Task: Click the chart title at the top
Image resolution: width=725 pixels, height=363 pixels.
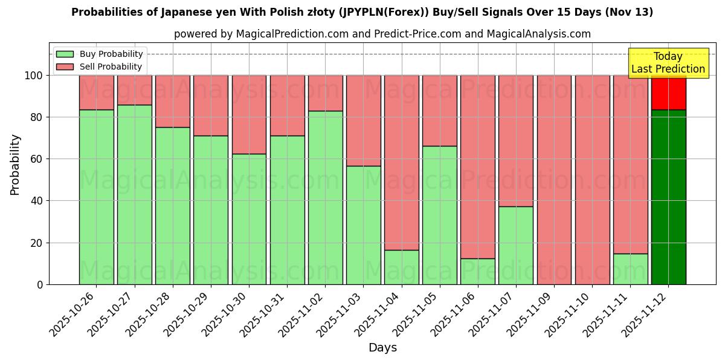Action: click(x=362, y=12)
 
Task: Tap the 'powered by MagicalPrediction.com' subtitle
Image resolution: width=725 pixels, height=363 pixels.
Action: click(x=382, y=34)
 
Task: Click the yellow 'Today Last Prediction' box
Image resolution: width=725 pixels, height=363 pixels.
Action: click(x=668, y=63)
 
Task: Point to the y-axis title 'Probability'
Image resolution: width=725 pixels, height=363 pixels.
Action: click(x=15, y=165)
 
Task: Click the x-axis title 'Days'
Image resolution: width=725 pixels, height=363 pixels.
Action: click(x=382, y=348)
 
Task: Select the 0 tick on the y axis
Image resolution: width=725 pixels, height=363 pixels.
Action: click(x=40, y=284)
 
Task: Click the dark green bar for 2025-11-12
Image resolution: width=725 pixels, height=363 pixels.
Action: click(x=668, y=197)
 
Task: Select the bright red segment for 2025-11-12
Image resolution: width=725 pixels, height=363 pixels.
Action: click(x=668, y=93)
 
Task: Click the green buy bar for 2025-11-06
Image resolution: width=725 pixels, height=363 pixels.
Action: click(x=477, y=271)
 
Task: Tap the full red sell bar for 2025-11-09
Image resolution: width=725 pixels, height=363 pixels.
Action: click(x=554, y=180)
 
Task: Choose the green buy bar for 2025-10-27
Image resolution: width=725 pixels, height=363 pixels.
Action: click(x=134, y=194)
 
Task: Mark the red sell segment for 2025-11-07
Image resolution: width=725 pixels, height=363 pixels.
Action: click(x=516, y=141)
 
